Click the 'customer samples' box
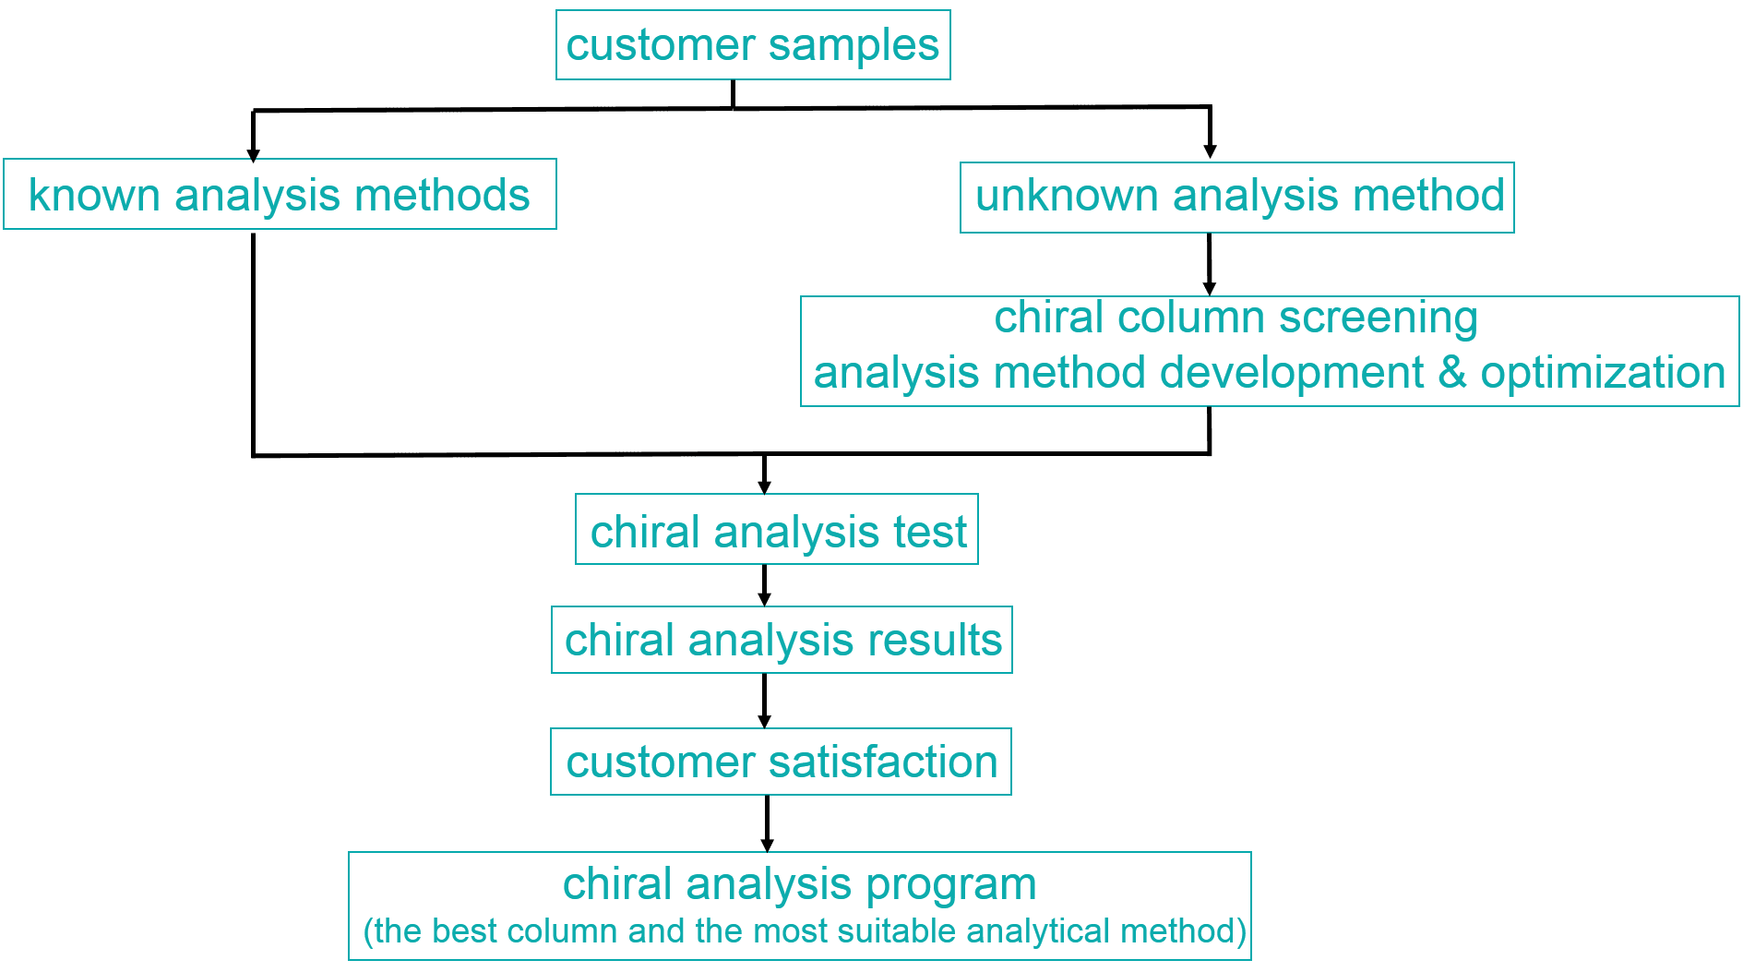point(753,45)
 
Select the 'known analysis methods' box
point(280,195)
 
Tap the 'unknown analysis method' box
point(1237,197)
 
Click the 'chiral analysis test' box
point(777,531)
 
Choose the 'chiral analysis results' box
point(782,640)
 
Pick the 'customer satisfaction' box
point(782,762)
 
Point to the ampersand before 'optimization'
point(1451,372)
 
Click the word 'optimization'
point(1603,372)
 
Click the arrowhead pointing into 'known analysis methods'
point(253,154)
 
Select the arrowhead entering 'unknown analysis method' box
point(1210,151)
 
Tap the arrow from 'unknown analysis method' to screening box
point(1210,266)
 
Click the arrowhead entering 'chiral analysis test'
point(764,486)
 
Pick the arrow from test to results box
point(764,586)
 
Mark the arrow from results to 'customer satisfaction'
point(764,702)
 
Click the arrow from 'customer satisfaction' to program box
point(767,824)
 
